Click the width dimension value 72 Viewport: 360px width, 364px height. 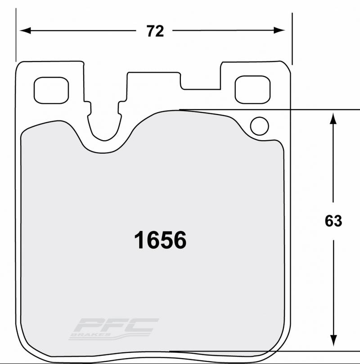tap(155, 31)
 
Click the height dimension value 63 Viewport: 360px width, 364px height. tap(333, 221)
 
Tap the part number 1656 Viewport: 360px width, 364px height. tap(160, 241)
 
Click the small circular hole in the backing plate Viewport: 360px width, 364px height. tap(260, 126)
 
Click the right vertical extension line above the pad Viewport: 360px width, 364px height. tap(292, 38)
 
